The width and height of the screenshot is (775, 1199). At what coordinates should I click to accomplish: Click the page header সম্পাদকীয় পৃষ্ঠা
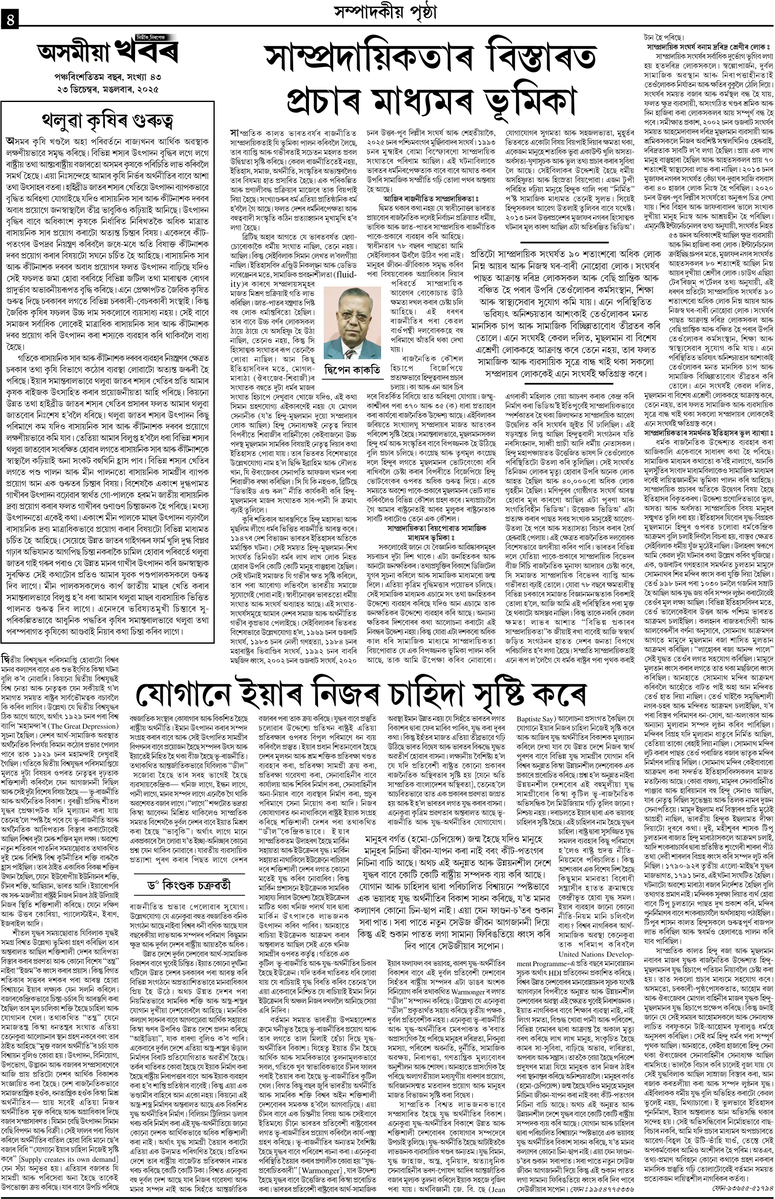(x=386, y=11)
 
